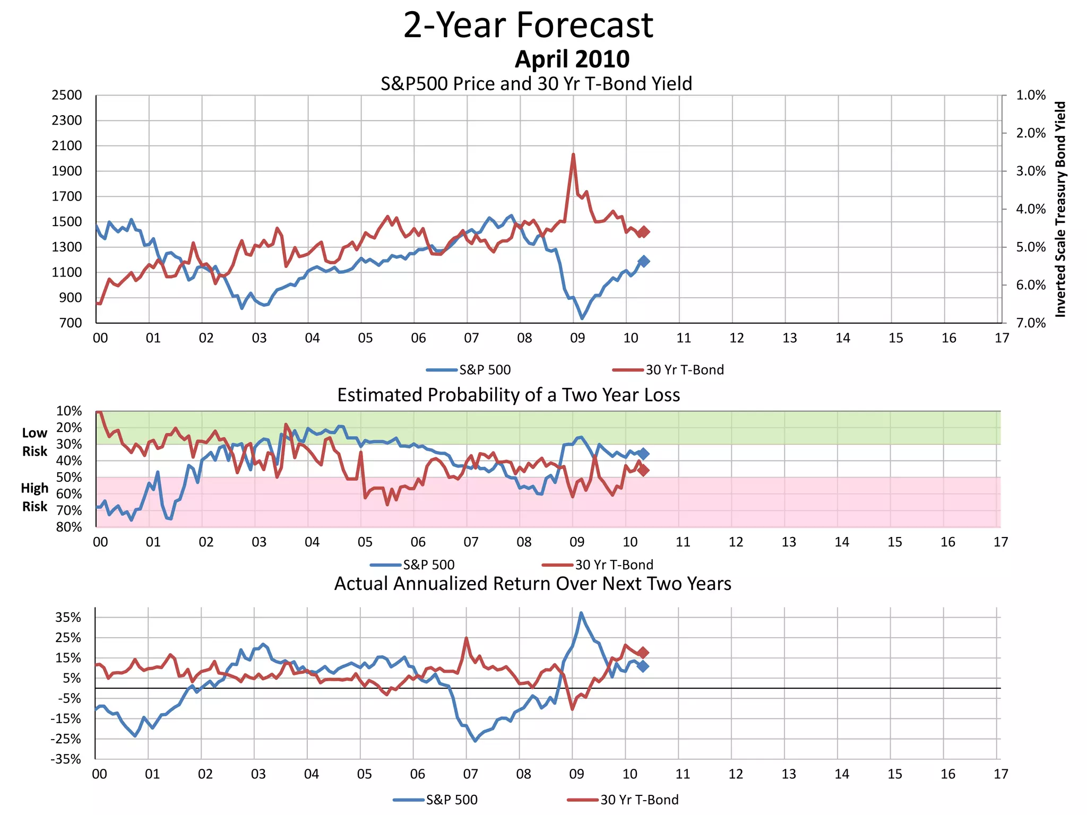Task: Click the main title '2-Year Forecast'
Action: point(528,25)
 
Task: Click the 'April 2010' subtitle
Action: point(572,59)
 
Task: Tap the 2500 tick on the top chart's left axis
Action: point(67,95)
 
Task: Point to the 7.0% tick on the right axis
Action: point(1030,323)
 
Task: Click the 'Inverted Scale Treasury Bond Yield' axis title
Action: point(1060,209)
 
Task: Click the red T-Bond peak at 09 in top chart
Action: point(573,154)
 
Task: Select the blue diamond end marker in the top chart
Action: point(644,261)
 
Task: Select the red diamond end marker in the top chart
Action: point(644,232)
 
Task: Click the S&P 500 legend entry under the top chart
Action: point(469,370)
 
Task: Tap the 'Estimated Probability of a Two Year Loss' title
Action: point(508,395)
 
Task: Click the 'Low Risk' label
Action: point(34,442)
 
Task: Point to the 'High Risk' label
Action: point(34,497)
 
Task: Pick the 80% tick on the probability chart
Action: point(69,527)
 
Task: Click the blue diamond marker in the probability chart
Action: point(643,454)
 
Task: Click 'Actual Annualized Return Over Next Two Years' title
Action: point(532,584)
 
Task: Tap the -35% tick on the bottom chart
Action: point(66,759)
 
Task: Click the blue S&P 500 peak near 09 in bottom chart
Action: point(581,613)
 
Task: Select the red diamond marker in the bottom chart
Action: point(643,653)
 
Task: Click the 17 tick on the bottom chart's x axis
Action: point(1000,774)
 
